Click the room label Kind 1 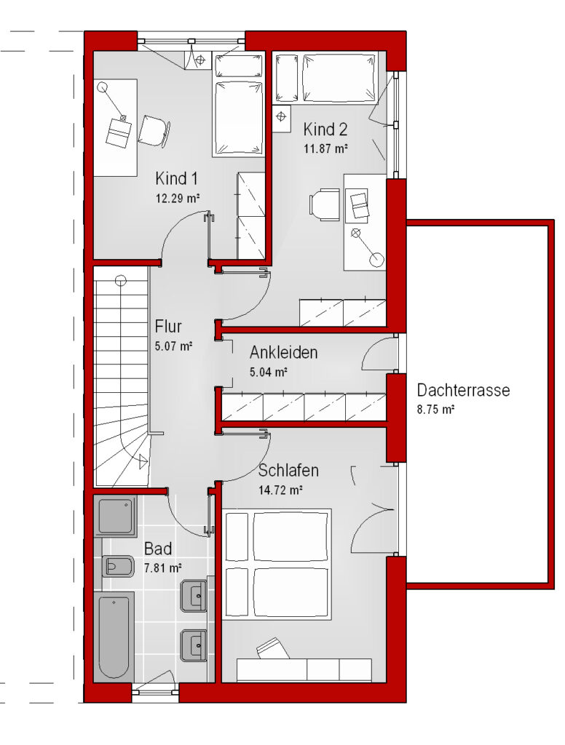click(x=176, y=179)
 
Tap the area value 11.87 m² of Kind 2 click(x=325, y=148)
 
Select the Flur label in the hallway click(x=168, y=327)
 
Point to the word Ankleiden click(x=283, y=353)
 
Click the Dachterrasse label click(x=463, y=390)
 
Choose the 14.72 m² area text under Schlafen click(x=280, y=490)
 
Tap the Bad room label click(x=158, y=549)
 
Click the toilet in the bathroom click(x=118, y=566)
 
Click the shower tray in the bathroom click(x=115, y=516)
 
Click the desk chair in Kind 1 click(x=154, y=130)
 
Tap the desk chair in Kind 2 click(x=324, y=204)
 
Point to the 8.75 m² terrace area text click(x=435, y=409)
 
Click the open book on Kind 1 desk click(x=118, y=132)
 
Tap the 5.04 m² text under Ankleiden click(x=268, y=372)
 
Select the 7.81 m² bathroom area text click(x=162, y=567)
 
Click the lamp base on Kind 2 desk click(x=376, y=260)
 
